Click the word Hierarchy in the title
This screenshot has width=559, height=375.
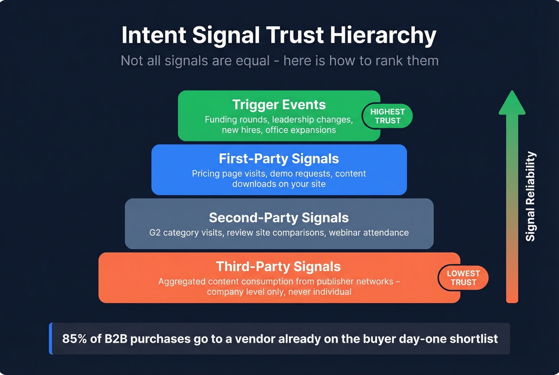pos(383,36)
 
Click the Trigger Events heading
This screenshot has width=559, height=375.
pos(279,105)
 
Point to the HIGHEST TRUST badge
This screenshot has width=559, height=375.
pos(387,116)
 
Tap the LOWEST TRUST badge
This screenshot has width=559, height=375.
pos(463,278)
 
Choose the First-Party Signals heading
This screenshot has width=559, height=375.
pos(279,159)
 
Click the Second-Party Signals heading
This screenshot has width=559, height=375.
pos(279,218)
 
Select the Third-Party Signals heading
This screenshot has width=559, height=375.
pos(278,267)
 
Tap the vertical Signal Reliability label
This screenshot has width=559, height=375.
pos(530,196)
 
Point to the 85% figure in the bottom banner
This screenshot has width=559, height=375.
pos(74,339)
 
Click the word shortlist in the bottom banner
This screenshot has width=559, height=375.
pos(474,339)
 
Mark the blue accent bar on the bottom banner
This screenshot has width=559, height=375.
pos(51,339)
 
